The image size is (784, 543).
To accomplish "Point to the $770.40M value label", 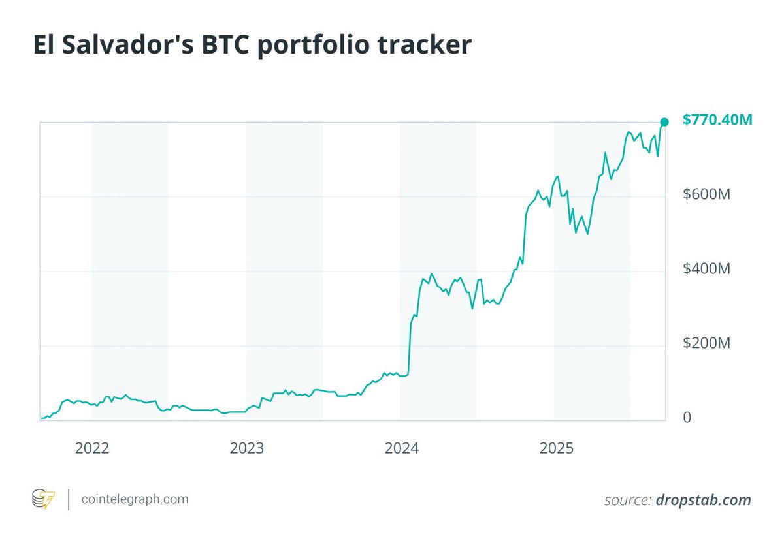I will click(717, 120).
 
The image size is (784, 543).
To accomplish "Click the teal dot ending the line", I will click(664, 122).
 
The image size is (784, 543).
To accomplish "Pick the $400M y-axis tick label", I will click(706, 269).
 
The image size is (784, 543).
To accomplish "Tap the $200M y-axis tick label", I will click(706, 343).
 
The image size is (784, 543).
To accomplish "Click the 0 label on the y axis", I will click(687, 418).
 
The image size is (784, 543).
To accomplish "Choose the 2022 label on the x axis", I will click(92, 448).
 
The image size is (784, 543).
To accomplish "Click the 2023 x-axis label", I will click(246, 448).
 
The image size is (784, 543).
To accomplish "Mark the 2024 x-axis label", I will click(401, 448).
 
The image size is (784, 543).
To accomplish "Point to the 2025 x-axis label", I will click(555, 448).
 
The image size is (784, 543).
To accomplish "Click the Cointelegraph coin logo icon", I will click(44, 499).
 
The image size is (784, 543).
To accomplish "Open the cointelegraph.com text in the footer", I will click(135, 499).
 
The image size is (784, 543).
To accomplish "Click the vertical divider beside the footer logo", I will click(69, 499).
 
